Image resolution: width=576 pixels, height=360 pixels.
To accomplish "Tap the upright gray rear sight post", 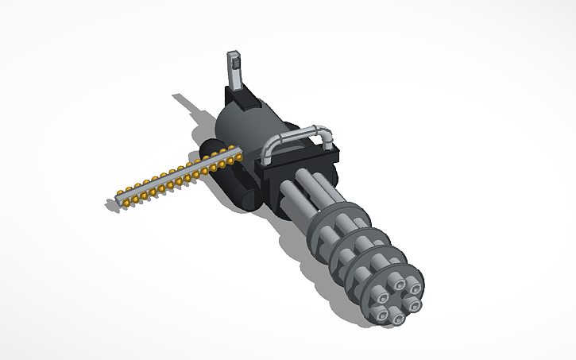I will [235, 72].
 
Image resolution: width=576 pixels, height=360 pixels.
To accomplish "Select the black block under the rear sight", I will [242, 99].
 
